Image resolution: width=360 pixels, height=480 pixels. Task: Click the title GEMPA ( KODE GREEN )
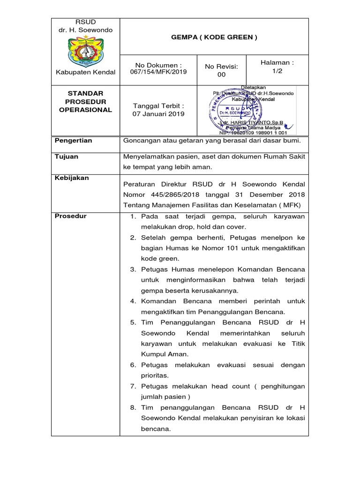(x=214, y=37)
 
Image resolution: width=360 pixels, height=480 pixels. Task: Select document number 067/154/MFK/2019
(x=158, y=72)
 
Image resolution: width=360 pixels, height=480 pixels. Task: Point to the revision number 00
(x=221, y=75)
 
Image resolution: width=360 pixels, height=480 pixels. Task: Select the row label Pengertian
(x=74, y=141)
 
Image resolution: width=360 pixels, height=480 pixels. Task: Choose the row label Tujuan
(x=67, y=157)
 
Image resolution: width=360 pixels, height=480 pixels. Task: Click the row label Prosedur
(x=71, y=216)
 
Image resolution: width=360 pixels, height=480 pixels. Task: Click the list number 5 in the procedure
(x=133, y=322)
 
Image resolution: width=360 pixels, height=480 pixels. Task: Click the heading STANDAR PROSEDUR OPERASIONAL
(x=85, y=102)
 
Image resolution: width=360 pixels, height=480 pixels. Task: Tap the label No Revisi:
(x=221, y=66)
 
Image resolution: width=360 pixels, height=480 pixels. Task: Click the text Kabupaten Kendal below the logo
(x=85, y=72)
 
